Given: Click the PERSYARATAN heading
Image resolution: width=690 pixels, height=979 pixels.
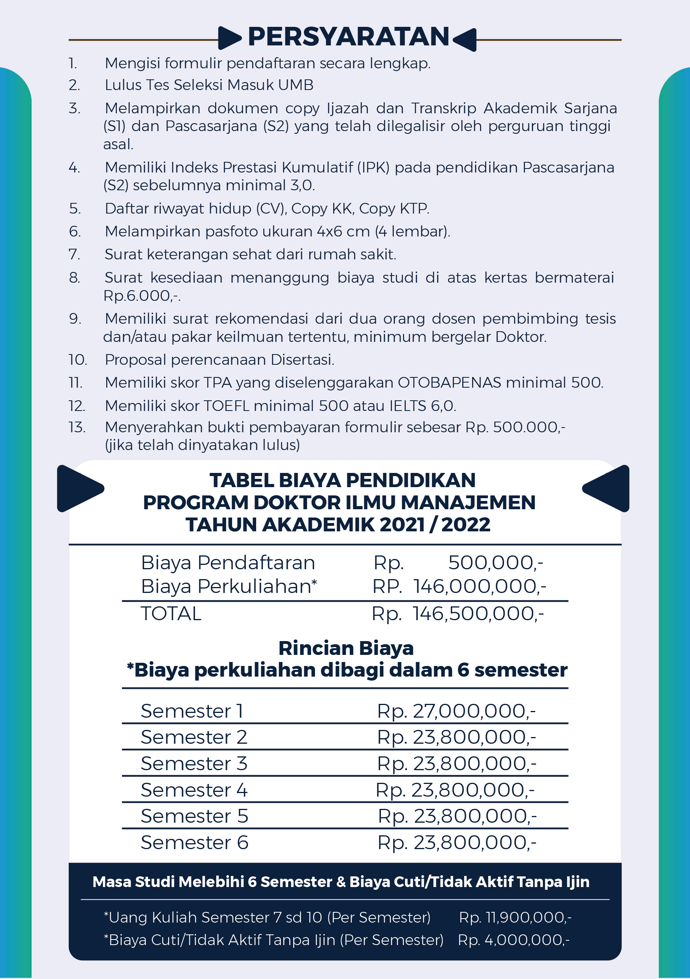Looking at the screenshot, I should click(x=349, y=37).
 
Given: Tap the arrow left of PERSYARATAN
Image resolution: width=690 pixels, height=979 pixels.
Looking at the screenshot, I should click(x=229, y=38).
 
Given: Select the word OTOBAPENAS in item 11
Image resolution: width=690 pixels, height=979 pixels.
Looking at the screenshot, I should click(x=449, y=383).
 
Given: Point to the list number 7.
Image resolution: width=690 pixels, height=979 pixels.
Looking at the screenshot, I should click(x=74, y=254).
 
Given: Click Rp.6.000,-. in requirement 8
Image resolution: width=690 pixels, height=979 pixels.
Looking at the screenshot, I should click(x=142, y=296).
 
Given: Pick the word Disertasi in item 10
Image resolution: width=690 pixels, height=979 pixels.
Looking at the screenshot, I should click(x=302, y=360).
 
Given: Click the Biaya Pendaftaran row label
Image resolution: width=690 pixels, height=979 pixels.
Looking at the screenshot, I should click(x=228, y=563).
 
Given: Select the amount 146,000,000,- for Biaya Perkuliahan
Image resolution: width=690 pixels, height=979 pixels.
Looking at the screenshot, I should click(x=479, y=586).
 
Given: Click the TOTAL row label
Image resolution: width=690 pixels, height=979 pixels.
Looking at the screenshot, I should click(x=171, y=613).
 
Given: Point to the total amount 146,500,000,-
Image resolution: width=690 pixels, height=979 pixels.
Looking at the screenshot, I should click(x=478, y=613).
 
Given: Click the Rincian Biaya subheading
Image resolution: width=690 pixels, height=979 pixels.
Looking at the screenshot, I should click(x=346, y=648).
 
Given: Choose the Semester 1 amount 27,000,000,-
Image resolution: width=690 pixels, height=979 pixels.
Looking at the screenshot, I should click(x=474, y=711).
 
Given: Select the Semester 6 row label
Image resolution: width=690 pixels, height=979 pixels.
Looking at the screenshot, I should click(x=195, y=842).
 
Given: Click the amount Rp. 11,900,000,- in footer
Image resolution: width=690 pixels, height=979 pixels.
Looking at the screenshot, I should click(x=515, y=917).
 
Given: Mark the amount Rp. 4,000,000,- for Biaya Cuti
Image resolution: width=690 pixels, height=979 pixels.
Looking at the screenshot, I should click(x=514, y=940).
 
